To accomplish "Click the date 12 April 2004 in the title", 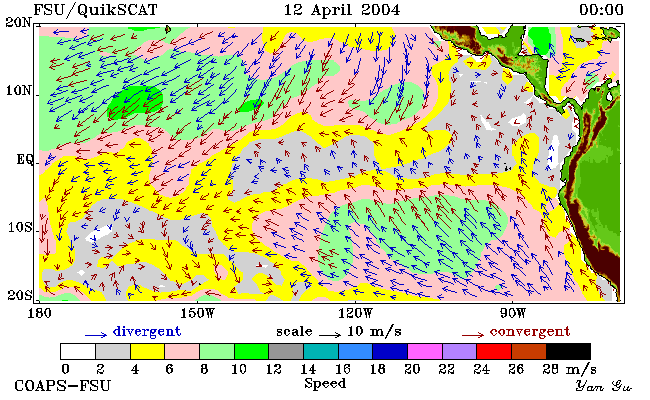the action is [342, 10].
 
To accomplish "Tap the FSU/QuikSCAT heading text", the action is [95, 10].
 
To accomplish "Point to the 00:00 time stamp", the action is [601, 10].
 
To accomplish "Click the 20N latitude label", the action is [18, 22].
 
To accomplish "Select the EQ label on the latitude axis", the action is [25, 160].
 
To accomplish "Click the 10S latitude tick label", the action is [19, 228].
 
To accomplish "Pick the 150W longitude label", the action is [198, 313].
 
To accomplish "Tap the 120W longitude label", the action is [355, 313].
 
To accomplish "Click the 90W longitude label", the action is [513, 313].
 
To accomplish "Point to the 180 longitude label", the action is [40, 313].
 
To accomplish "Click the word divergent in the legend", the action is [147, 332].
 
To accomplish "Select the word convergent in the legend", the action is [530, 332].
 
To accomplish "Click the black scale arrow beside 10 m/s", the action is [330, 334].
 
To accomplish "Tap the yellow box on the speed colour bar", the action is [148, 351].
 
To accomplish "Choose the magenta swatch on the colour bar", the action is [425, 351].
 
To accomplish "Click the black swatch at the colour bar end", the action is [568, 351].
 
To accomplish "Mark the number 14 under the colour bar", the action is [308, 369].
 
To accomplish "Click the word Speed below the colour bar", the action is [325, 383].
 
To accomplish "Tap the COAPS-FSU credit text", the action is [63, 386].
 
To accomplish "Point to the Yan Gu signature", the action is [603, 387].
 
